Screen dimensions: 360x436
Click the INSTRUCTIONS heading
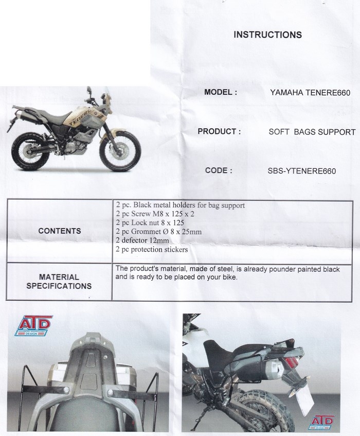(267, 35)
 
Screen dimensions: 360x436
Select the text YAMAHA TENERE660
(310, 93)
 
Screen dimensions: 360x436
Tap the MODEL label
(221, 92)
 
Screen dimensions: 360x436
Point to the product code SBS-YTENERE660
(302, 171)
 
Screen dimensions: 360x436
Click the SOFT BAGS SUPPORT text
(312, 132)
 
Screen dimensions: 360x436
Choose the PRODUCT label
(219, 131)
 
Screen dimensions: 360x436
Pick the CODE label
(219, 170)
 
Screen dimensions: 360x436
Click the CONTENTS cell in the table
(60, 231)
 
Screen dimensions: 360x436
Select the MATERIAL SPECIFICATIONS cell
(59, 282)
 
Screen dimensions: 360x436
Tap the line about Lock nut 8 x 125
(150, 223)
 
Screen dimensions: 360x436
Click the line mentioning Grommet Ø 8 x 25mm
(158, 232)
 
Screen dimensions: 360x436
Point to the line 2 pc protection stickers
(152, 250)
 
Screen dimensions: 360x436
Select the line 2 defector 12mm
(142, 240)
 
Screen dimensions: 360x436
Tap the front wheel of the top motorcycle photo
(118, 151)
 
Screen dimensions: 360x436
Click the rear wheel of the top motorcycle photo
(28, 151)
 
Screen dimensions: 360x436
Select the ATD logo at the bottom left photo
(33, 325)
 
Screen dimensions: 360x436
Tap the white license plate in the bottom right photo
(304, 399)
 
